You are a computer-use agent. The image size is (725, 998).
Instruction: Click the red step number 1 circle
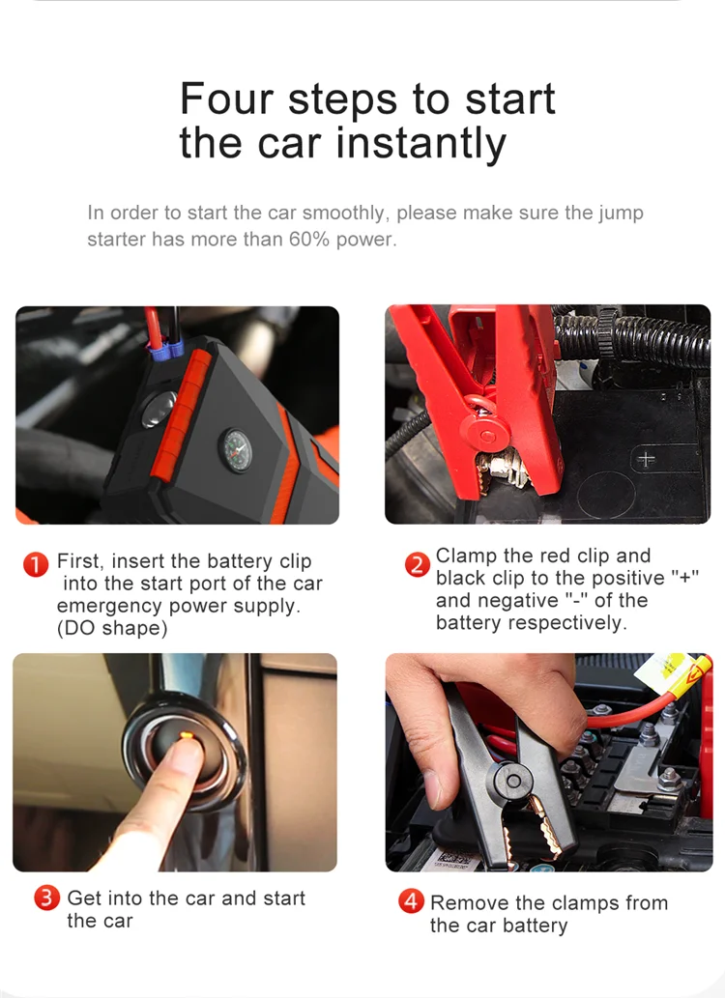(36, 564)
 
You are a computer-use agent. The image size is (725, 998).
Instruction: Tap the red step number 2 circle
(418, 564)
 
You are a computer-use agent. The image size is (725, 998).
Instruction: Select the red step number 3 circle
(46, 898)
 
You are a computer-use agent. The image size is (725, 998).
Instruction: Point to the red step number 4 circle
(411, 901)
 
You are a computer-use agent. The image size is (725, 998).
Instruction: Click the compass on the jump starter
(236, 450)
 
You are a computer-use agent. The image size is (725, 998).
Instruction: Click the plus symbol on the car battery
(646, 459)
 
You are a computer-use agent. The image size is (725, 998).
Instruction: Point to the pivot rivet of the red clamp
(487, 436)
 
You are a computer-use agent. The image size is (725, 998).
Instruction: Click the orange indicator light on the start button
(187, 736)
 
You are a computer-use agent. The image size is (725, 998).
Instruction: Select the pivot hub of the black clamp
(512, 781)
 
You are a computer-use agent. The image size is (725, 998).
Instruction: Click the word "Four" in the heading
(226, 99)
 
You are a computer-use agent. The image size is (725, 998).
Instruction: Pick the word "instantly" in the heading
(420, 144)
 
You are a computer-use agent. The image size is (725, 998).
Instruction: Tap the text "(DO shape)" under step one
(112, 629)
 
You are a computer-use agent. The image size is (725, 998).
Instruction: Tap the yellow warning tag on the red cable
(676, 671)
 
